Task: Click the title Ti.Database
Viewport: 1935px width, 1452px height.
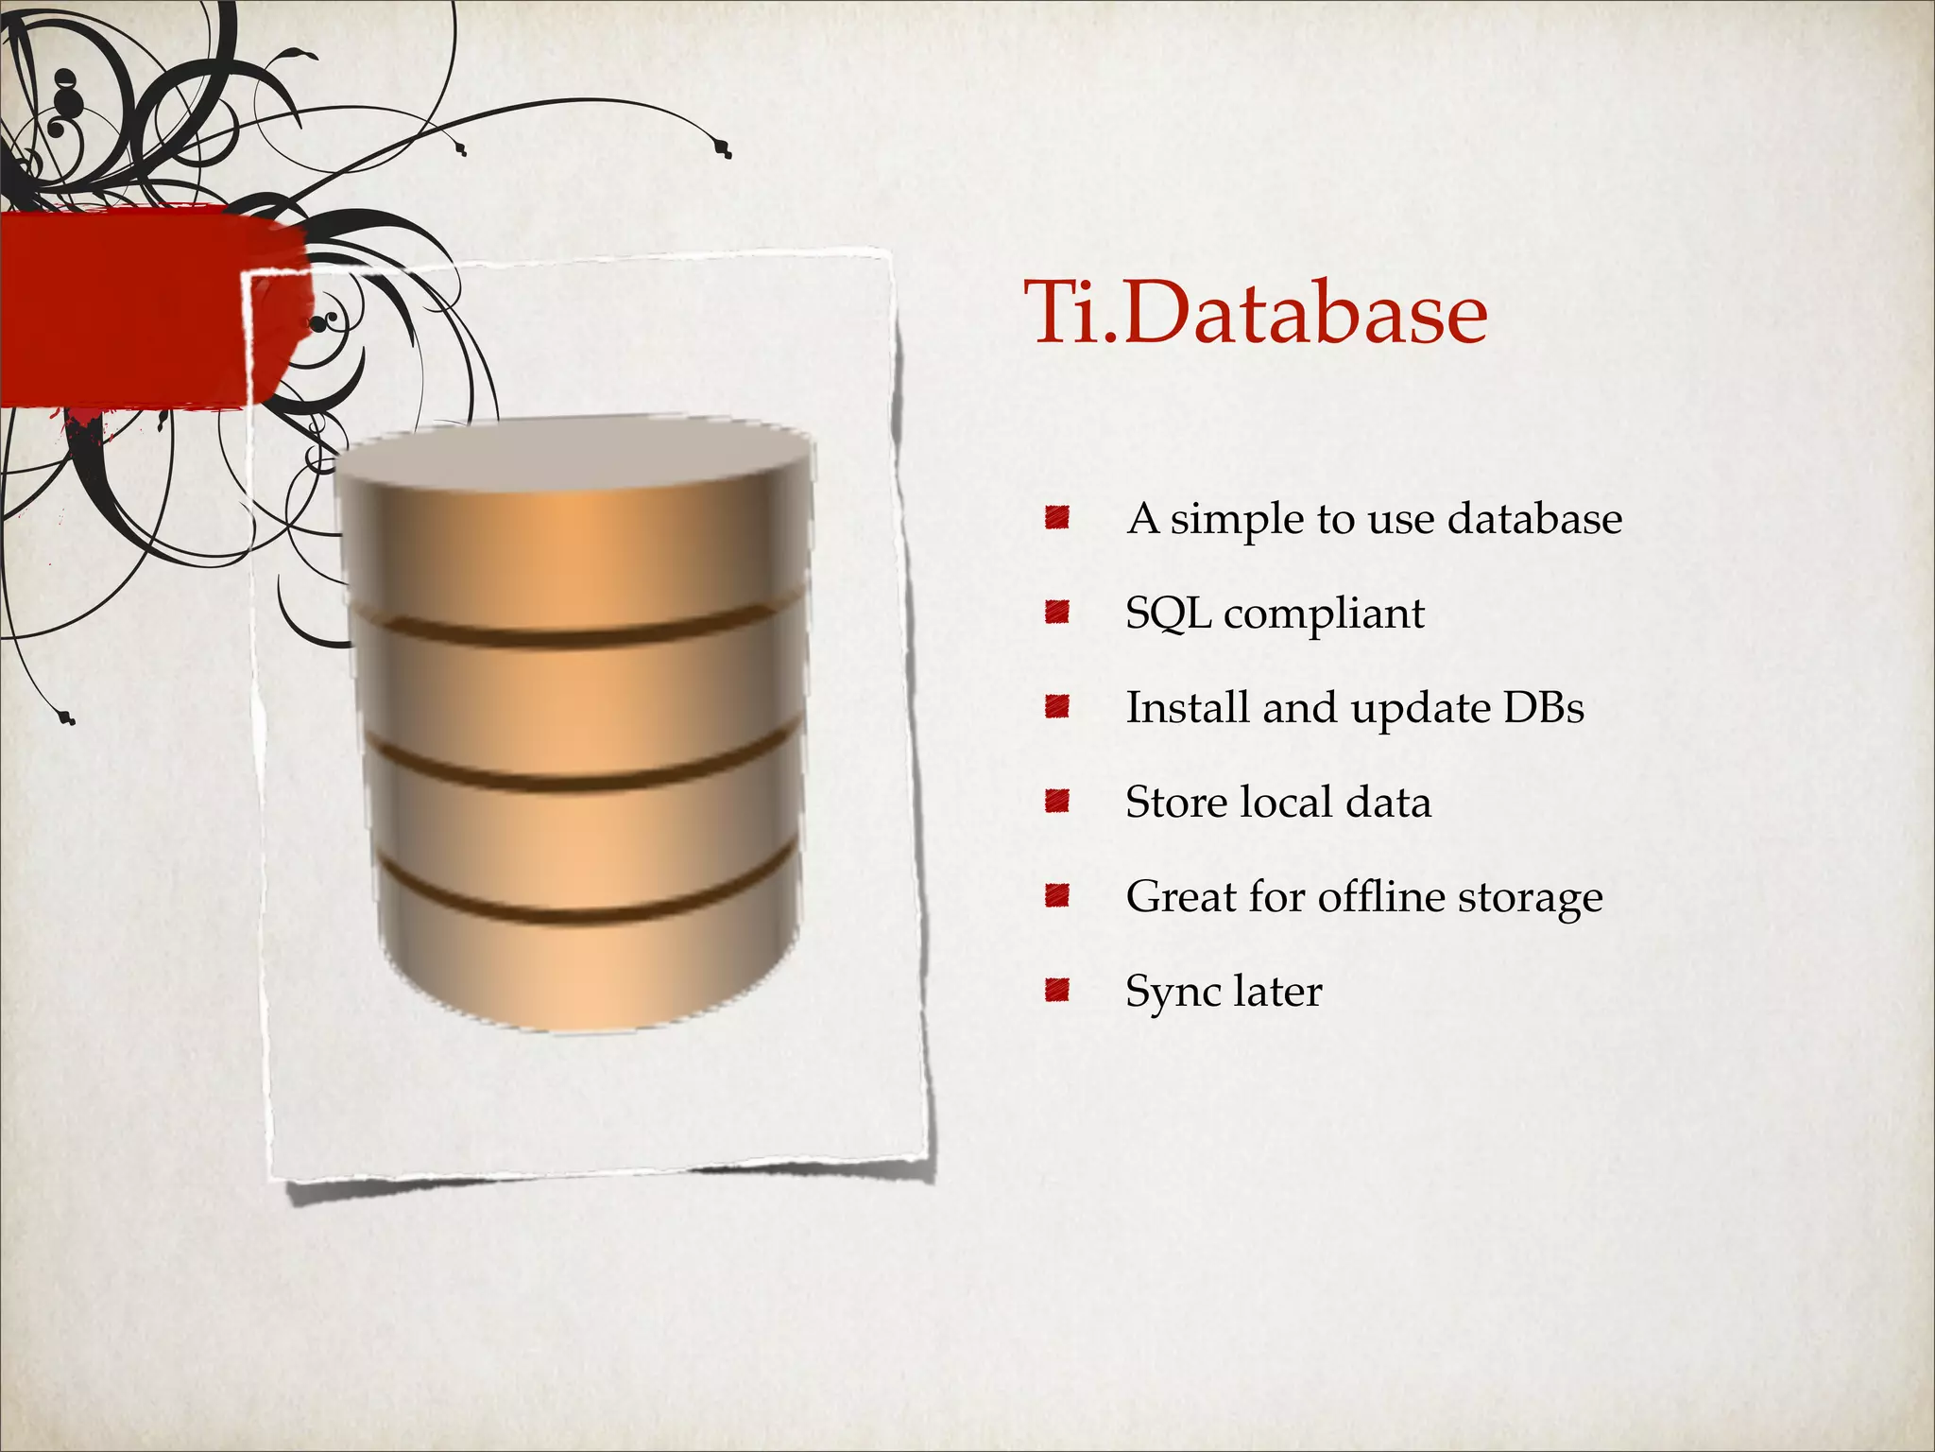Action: (1257, 312)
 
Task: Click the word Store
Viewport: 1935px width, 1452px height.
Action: (1175, 802)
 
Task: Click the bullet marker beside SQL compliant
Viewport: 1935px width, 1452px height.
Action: (1056, 613)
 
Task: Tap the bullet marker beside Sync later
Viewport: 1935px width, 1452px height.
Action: (1056, 991)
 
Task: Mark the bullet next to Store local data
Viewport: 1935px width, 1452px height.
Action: (1056, 802)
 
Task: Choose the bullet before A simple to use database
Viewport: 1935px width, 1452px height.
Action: (1056, 518)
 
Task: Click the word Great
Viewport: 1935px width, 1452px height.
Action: (1181, 896)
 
